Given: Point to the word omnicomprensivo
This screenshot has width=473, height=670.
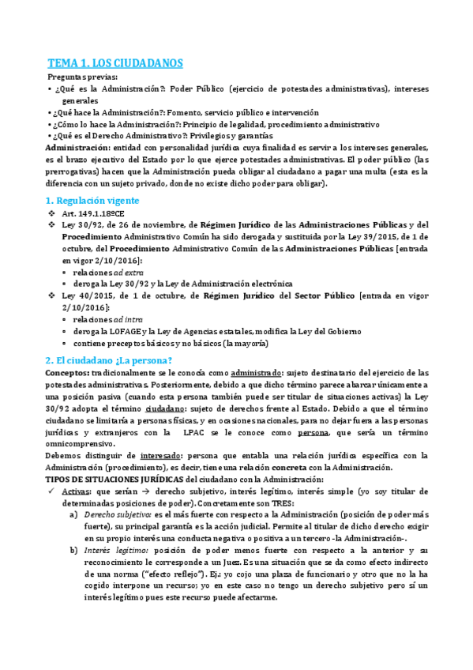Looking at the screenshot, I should [80, 444].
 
